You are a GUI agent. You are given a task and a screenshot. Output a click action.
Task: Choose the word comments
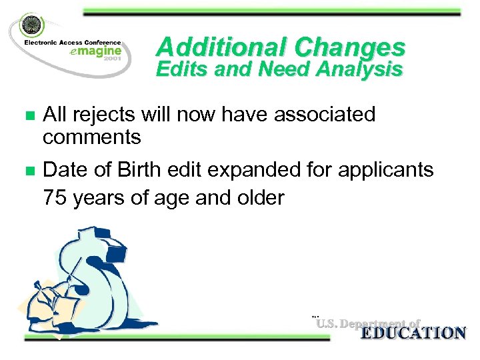[x=91, y=137]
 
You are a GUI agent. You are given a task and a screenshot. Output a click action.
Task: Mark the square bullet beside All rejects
[x=29, y=115]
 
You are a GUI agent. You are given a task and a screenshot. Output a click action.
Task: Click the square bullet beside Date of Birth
[x=29, y=171]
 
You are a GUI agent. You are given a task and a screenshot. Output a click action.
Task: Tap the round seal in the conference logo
[x=31, y=26]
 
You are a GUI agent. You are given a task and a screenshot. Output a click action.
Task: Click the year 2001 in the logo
[x=111, y=59]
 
